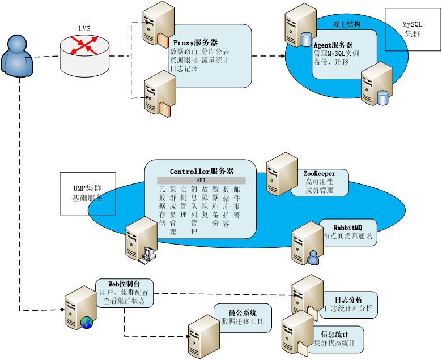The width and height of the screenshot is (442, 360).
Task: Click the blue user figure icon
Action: pos(17,55)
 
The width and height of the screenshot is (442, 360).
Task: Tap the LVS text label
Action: pos(84,28)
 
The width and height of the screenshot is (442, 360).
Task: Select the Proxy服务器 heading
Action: pos(195,43)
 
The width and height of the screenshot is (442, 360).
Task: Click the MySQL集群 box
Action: pos(413,29)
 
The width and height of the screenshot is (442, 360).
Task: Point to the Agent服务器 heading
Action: pos(333,45)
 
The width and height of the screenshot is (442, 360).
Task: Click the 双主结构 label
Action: pos(346,24)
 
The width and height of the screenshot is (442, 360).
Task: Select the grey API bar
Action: pos(201,181)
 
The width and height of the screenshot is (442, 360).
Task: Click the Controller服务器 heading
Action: pos(202,171)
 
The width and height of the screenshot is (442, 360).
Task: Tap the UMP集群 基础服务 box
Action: pos(88,194)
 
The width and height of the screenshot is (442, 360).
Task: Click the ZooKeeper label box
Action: pos(320,182)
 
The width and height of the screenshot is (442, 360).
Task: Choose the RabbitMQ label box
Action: pos(348,232)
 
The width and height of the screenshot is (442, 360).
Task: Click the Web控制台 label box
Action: pos(124,293)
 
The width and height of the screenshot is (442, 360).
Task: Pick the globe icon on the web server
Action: pos(87,323)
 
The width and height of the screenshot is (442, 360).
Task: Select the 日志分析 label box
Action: pos(348,305)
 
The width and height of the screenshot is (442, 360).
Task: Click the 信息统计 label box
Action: pos(335,339)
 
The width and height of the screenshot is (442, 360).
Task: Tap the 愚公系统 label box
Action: pos(243,318)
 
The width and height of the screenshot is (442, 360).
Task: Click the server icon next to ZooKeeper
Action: pos(282,174)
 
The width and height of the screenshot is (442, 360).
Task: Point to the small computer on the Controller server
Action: pos(147,255)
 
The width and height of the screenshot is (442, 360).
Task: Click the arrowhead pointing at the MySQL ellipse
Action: pos(283,56)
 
